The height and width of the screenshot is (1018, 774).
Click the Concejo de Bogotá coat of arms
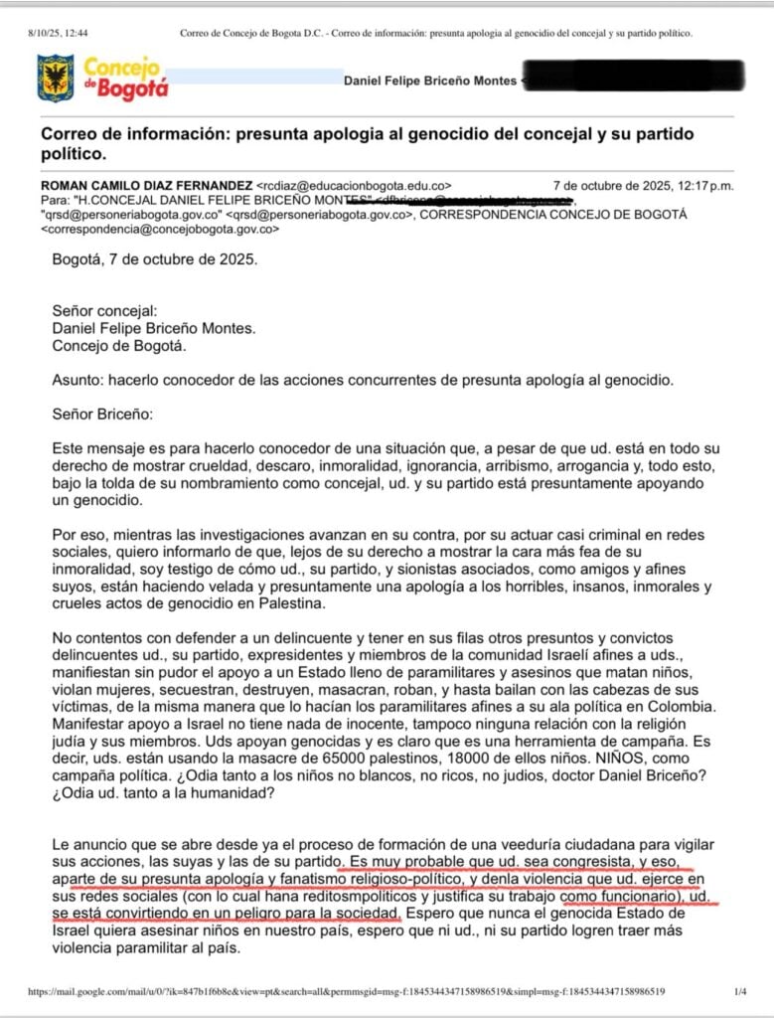(55, 78)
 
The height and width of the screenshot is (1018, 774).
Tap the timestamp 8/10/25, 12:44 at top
(58, 34)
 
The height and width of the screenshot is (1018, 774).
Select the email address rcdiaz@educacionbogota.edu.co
(354, 185)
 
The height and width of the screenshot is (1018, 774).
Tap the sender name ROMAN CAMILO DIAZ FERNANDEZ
(146, 185)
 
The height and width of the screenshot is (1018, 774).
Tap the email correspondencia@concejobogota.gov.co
(159, 229)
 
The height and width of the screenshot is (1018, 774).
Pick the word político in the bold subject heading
(73, 154)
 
